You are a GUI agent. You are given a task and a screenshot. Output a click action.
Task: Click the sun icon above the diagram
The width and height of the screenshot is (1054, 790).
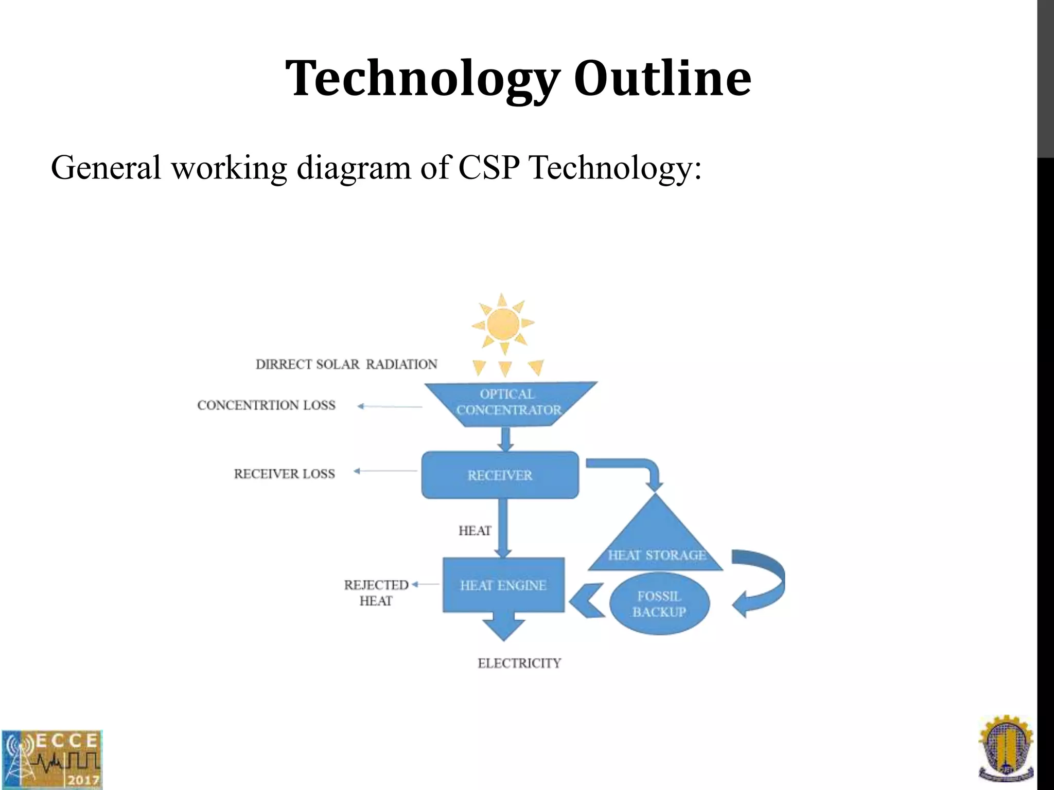503,324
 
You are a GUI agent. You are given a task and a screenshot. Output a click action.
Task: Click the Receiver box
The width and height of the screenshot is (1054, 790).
500,475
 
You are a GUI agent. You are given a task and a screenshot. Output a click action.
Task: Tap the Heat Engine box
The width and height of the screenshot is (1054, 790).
503,585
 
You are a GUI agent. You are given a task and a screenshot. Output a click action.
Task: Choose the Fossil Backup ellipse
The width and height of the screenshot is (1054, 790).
659,604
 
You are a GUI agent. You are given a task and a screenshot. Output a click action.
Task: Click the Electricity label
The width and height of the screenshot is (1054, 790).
519,663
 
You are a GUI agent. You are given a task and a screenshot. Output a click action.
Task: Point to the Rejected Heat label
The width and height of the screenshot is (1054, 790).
376,592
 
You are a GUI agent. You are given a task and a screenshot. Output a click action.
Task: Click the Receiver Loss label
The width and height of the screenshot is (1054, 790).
284,474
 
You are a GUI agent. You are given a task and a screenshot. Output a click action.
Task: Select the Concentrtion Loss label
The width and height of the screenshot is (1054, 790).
266,405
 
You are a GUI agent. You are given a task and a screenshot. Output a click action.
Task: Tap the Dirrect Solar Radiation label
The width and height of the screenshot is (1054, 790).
346,364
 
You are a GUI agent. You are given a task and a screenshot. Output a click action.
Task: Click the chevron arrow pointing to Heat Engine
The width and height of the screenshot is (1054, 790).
587,600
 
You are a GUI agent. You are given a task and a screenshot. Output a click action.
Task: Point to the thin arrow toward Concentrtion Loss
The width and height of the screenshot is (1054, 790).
390,406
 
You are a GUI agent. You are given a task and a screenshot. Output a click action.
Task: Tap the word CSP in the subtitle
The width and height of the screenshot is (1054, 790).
488,168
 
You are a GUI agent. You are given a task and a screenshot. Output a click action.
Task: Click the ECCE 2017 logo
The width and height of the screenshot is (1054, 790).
51,759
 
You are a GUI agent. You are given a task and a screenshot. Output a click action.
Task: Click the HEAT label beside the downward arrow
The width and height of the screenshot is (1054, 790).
475,531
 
